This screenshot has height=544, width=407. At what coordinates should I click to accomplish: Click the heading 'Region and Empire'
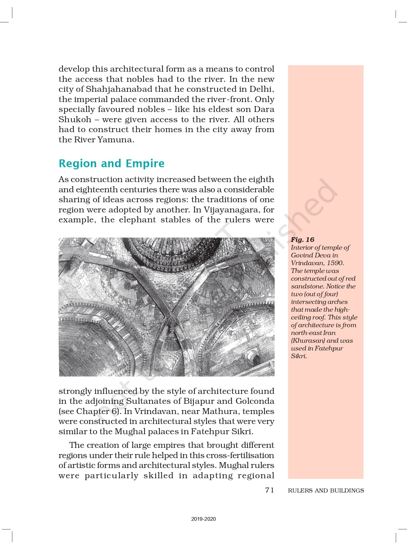pyautogui.click(x=112, y=163)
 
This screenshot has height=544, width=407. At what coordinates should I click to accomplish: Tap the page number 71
pyautogui.click(x=269, y=490)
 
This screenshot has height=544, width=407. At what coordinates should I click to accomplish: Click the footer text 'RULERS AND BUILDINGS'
pyautogui.click(x=326, y=490)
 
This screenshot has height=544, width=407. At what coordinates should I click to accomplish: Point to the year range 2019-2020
pyautogui.click(x=203, y=519)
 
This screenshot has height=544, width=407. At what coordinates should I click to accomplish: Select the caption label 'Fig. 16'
pyautogui.click(x=302, y=239)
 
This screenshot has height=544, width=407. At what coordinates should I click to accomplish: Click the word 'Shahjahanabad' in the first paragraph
pyautogui.click(x=119, y=89)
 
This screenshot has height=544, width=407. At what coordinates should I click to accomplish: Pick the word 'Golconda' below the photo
pyautogui.click(x=255, y=401)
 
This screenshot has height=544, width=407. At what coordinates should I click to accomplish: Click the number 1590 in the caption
pyautogui.click(x=335, y=263)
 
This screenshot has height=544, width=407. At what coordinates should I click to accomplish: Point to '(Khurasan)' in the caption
pyautogui.click(x=308, y=341)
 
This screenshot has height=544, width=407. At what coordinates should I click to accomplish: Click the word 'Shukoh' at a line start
pyautogui.click(x=75, y=119)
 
